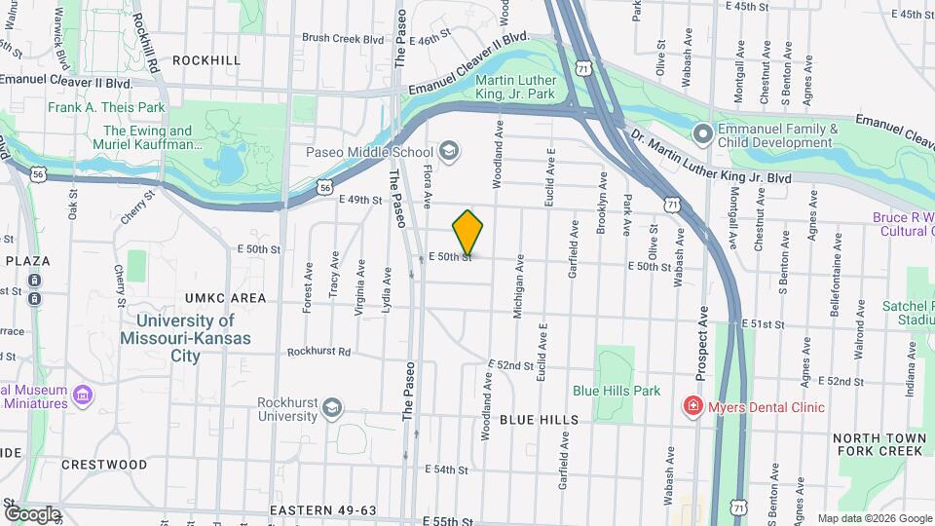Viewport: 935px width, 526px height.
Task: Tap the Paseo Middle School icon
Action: (449, 151)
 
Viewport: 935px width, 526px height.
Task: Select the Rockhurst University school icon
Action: (332, 407)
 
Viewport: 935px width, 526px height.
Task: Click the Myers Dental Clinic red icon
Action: (692, 406)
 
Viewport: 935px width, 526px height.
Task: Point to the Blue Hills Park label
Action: (617, 391)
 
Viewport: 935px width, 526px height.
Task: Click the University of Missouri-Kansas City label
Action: (185, 337)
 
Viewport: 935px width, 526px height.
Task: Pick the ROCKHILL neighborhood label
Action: (206, 60)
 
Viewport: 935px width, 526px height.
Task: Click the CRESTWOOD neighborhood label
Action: (104, 465)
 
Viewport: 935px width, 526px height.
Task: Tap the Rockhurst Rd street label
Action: (318, 352)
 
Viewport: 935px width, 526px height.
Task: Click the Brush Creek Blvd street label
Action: (343, 39)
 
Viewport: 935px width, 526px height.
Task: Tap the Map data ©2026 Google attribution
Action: (874, 518)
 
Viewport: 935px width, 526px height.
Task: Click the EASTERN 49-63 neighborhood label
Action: (323, 510)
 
